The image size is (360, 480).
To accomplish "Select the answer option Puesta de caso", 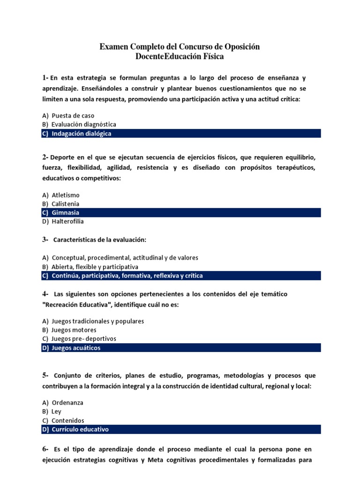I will (73, 115).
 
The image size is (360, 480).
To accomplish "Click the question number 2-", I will (45, 157).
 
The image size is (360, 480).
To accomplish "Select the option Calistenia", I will (65, 204).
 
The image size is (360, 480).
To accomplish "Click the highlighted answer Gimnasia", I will (65, 213).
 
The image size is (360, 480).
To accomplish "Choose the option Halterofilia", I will (67, 222).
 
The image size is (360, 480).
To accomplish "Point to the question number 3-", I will (45, 240).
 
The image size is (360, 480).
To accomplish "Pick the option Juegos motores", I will (74, 330).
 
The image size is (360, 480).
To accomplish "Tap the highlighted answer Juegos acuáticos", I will (76, 348).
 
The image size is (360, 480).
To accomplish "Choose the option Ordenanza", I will (67, 403).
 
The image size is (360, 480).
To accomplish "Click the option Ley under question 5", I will (56, 412).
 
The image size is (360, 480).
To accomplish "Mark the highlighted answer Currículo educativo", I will (80, 429).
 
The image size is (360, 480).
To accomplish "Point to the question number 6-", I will (45, 449).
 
